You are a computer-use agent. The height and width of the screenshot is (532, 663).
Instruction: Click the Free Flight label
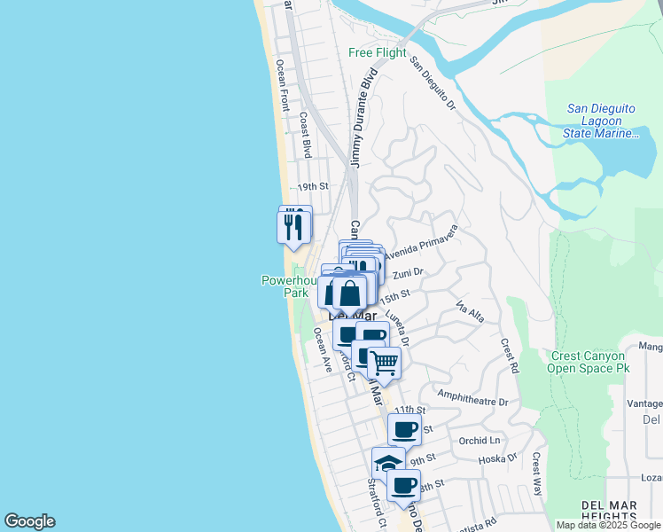point(378,53)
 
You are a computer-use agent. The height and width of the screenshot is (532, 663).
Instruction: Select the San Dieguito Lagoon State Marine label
point(601,121)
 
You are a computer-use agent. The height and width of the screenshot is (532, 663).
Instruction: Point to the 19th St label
point(312,187)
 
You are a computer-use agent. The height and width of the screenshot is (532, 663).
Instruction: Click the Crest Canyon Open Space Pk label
point(588,362)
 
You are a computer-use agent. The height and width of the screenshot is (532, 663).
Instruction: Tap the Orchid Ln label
point(480,441)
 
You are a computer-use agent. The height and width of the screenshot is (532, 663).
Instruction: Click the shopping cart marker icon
point(384,361)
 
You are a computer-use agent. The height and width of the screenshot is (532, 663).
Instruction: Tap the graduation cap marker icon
point(388,462)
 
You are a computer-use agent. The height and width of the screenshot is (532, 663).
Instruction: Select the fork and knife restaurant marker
point(294,225)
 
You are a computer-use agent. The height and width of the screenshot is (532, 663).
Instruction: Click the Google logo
point(29,521)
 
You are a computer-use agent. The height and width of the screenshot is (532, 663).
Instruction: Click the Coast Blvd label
point(305,135)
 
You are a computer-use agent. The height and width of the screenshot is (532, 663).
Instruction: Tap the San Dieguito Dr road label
point(432,85)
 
